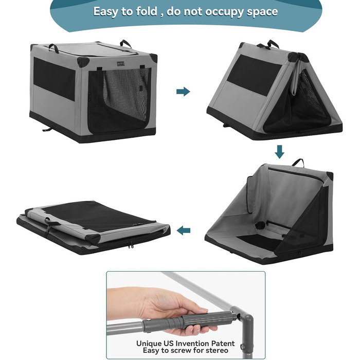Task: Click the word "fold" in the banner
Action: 147,11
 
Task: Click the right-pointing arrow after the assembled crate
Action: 183,92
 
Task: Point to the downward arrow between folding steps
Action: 279,152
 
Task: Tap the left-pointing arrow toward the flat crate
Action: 184,230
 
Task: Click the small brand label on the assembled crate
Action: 120,63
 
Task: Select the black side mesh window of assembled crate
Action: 55,79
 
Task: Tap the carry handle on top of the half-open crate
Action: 298,163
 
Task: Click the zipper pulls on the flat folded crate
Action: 130,245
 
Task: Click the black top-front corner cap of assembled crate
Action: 83,62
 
